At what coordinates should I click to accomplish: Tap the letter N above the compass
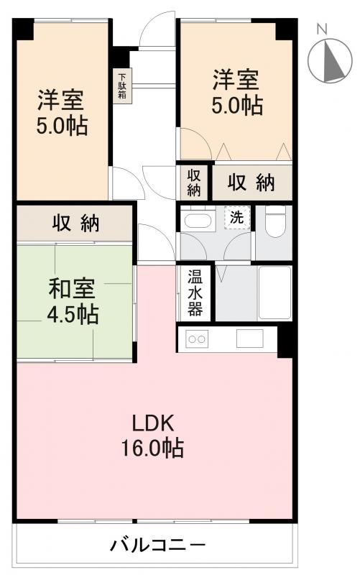[x=323, y=29]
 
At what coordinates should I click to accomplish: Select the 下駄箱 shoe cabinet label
[x=122, y=86]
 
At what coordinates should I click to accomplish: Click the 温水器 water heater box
[x=195, y=293]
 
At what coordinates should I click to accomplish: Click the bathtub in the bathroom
[x=274, y=293]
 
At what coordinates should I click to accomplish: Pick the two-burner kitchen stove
[x=198, y=339]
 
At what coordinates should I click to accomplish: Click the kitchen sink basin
[x=250, y=339]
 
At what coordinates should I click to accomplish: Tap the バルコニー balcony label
[x=157, y=546]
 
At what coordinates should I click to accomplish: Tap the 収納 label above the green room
[x=75, y=224]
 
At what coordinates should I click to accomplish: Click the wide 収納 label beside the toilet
[x=251, y=183]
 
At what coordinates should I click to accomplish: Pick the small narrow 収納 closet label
[x=195, y=183]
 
